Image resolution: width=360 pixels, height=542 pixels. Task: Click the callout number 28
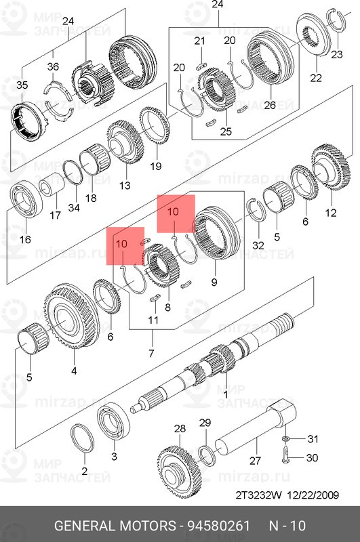point(179,428)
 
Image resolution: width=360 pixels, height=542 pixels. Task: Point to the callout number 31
point(312,438)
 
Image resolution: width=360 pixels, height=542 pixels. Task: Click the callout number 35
point(22,85)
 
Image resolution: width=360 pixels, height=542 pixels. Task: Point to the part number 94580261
point(215,526)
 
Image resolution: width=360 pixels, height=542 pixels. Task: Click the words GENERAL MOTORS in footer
point(113,526)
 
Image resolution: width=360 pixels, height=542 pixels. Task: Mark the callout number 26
point(269,105)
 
